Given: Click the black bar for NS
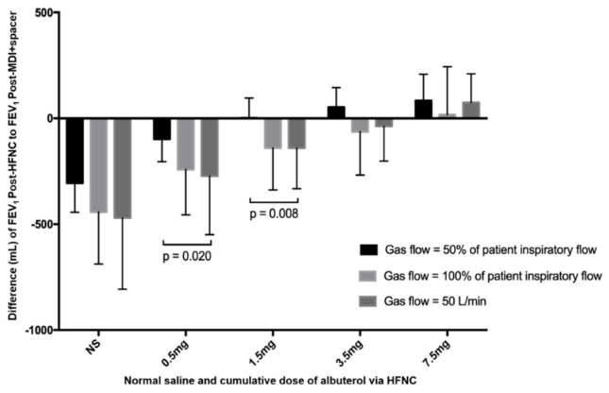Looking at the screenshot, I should coord(76,150).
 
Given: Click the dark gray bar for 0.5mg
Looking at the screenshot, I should coord(208,146).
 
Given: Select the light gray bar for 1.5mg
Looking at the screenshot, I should coord(273,133).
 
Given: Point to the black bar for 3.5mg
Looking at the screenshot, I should coord(336,112).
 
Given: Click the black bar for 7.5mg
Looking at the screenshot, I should coord(423,109).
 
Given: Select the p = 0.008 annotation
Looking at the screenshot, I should coord(275,214).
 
